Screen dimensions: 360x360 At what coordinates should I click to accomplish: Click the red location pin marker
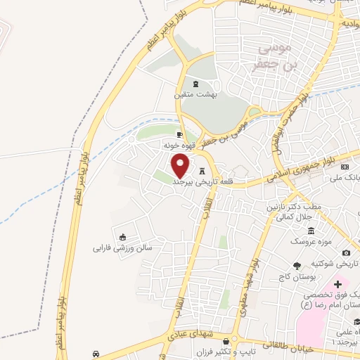tap(181, 166)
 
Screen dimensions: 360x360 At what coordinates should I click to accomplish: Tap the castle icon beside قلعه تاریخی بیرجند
tap(203, 171)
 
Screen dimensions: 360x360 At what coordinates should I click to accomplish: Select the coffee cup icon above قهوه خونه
tap(179, 134)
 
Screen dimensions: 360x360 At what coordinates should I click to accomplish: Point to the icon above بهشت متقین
tap(195, 84)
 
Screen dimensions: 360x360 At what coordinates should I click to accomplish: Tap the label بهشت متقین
tap(196, 94)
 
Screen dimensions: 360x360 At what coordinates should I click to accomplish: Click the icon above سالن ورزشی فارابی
tap(124, 237)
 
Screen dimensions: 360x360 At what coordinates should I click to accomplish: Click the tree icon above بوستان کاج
tap(297, 265)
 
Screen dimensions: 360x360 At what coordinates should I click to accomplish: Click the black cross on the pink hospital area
tap(338, 284)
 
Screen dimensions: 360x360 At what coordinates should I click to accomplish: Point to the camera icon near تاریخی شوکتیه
tap(346, 253)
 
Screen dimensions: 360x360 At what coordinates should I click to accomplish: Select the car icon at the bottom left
tap(96, 353)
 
